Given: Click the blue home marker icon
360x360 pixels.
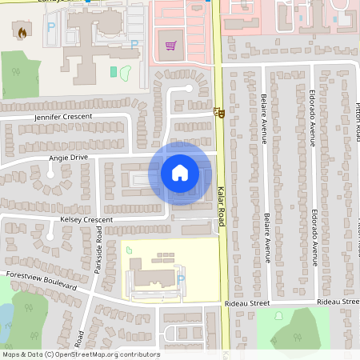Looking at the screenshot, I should pos(180,173).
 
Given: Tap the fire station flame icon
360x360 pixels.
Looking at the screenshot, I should pos(20,33).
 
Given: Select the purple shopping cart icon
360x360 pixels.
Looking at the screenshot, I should pos(170,45).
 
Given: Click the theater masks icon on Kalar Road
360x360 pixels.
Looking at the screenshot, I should pos(218,113).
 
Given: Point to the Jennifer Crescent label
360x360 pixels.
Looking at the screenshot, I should pos(63,117).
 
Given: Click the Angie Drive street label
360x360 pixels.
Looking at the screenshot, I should pos(68,158).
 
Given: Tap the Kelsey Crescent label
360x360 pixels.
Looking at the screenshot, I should pos(86,218).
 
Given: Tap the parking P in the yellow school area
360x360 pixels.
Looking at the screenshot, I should pos(180,278).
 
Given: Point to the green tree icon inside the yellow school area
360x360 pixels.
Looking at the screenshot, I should pos(130,251).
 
